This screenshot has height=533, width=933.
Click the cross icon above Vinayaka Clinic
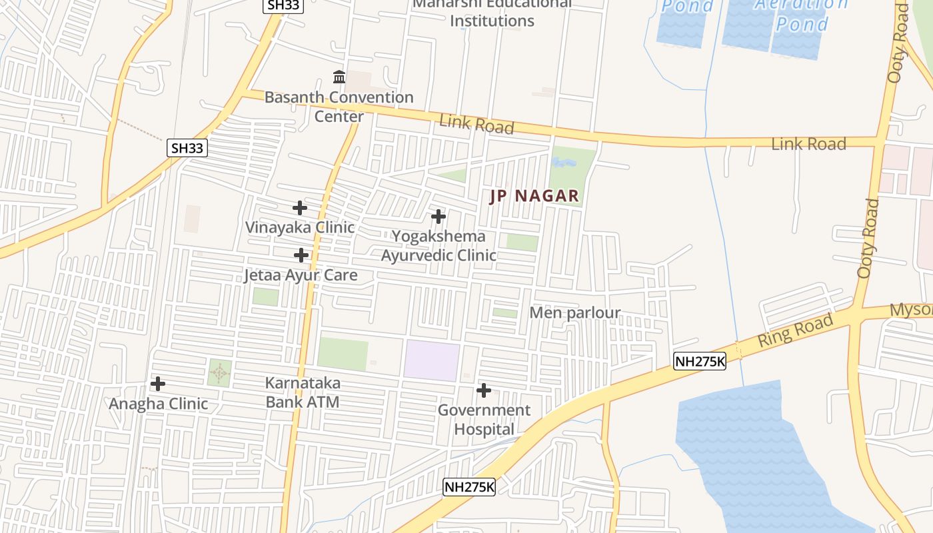[x=300, y=208]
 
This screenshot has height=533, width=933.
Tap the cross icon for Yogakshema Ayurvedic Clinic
[x=438, y=217]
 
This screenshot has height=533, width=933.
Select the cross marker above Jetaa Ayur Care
[x=301, y=255]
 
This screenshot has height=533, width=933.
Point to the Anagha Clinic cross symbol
[x=158, y=384]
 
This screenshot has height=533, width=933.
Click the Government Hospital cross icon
[x=484, y=390]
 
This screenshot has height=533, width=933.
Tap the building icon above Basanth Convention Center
[x=339, y=77]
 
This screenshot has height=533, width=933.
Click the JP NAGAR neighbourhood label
[x=534, y=197]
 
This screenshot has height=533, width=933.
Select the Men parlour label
[x=574, y=312]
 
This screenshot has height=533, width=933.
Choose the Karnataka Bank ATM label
[x=303, y=392]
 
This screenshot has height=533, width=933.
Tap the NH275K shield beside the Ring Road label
[x=699, y=361]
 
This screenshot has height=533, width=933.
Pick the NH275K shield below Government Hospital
[x=469, y=487]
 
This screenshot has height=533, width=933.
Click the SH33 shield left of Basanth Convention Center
[x=187, y=148]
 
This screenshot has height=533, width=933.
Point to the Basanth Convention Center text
[x=339, y=107]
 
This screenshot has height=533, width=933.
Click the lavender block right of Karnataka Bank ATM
[x=432, y=360]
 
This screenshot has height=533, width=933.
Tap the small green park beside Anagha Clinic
[x=219, y=373]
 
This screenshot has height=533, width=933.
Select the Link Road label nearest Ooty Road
[x=808, y=144]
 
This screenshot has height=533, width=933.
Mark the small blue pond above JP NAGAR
[x=564, y=162]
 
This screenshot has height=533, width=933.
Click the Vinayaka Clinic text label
[x=300, y=227]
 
